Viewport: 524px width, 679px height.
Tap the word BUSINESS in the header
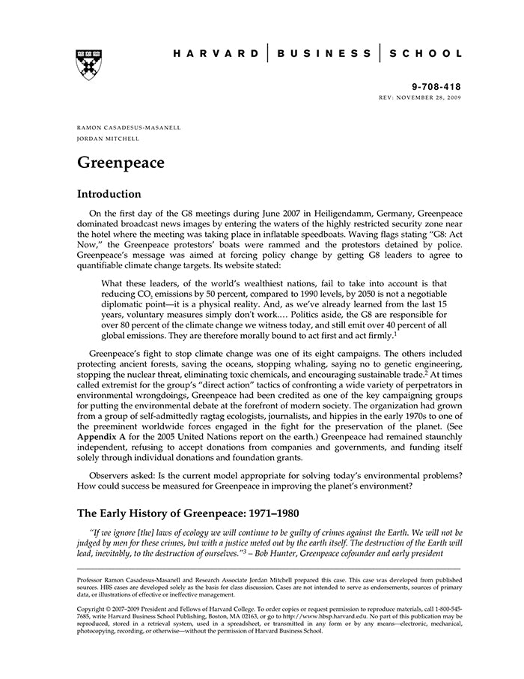click(323, 53)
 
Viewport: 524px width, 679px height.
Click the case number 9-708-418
click(437, 88)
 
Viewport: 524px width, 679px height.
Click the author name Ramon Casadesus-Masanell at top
click(129, 127)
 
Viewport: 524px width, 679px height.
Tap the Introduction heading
click(109, 194)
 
